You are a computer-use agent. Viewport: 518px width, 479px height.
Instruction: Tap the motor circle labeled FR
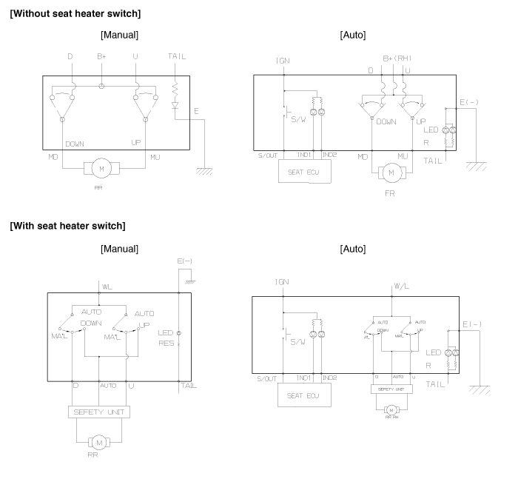(391, 172)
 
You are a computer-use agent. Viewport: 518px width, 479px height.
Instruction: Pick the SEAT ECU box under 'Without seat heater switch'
(304, 173)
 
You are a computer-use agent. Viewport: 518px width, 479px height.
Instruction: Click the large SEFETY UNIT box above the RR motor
(100, 412)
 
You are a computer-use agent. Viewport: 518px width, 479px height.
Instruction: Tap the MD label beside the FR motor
(363, 156)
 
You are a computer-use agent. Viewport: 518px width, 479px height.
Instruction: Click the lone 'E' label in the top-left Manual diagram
(197, 111)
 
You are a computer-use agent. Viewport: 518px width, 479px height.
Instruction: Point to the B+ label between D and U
(102, 53)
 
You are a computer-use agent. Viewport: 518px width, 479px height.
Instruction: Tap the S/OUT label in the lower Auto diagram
(264, 378)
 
